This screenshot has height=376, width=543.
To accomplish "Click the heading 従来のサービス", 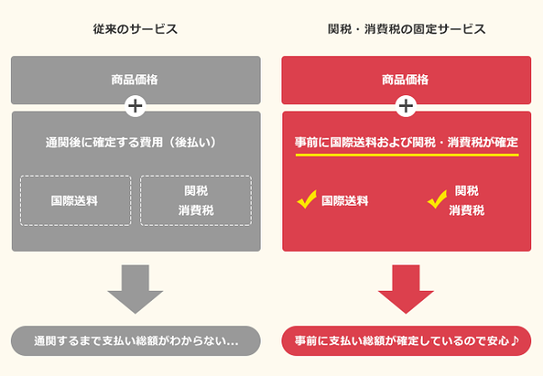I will [135, 29].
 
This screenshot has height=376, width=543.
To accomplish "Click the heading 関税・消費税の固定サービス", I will [406, 29].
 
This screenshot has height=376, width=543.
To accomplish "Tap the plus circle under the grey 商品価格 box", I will [135, 106].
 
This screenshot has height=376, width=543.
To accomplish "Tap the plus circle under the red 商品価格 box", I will [406, 106].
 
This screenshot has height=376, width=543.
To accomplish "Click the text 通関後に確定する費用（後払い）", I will [135, 142].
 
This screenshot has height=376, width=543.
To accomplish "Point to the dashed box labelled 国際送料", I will [75, 200].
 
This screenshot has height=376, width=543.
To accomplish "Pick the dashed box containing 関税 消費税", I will [196, 200].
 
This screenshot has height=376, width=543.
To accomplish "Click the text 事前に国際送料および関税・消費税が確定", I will [406, 142].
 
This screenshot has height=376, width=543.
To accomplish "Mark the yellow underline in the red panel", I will [406, 157].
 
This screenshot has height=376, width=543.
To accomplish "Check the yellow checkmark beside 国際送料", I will [306, 199].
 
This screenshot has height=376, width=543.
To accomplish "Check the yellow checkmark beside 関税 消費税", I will [438, 198].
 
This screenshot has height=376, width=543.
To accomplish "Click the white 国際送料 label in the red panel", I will [345, 200].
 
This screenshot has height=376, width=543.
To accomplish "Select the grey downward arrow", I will [135, 287].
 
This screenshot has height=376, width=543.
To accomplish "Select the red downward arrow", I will [406, 287].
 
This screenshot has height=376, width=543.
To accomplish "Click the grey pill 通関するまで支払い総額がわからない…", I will [135, 341].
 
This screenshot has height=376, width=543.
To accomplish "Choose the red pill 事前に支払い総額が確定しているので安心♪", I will [406, 341].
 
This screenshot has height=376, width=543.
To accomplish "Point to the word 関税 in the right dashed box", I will [196, 190].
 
